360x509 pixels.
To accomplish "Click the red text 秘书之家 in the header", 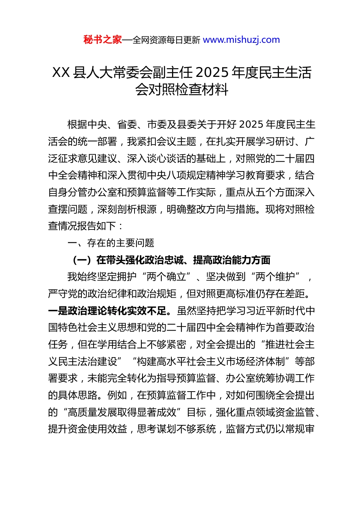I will [103, 40].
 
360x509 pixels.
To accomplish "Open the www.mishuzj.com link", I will [241, 40].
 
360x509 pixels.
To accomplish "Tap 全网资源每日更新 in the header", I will [166, 40].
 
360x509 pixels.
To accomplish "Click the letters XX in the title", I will [61, 72].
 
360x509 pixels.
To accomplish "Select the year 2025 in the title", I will [213, 72].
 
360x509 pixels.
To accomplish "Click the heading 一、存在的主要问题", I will [111, 243].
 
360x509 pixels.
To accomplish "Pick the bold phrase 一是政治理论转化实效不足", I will [108, 311].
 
